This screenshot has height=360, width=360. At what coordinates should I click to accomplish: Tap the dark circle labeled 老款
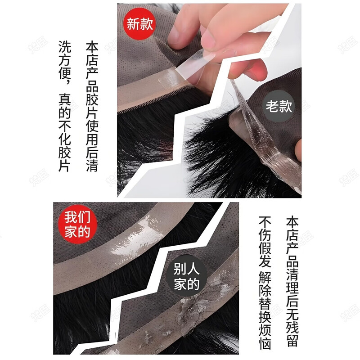click(279, 106)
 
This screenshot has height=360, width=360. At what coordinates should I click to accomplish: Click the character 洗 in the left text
click(65, 47)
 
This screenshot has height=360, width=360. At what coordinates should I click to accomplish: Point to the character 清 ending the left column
click(92, 165)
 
